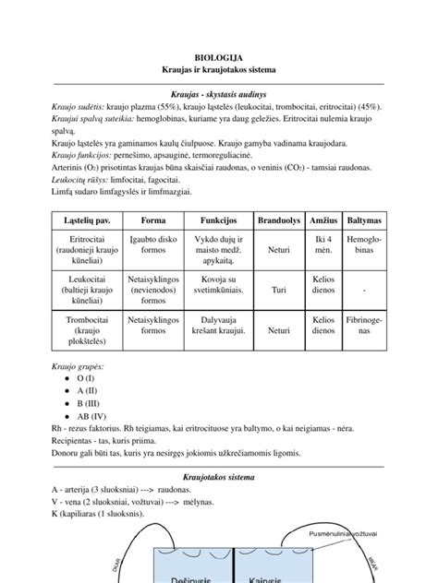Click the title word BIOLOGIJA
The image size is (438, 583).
tap(219, 56)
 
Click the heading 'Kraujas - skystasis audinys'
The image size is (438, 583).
tap(219, 94)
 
